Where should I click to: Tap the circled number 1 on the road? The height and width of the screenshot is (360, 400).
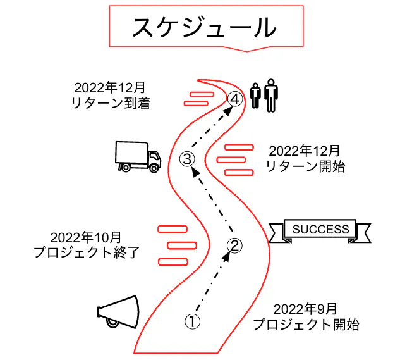click(x=192, y=321)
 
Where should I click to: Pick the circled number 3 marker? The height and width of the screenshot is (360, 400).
click(x=187, y=159)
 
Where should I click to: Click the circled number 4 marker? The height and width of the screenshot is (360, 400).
click(x=234, y=99)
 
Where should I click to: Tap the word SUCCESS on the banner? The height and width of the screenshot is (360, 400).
click(x=320, y=229)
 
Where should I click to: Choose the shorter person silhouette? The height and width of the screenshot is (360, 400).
click(x=255, y=96)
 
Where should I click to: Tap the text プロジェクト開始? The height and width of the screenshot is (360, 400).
click(x=306, y=325)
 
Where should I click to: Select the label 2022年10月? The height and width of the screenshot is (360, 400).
click(x=85, y=237)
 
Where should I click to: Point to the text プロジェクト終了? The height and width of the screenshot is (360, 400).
click(x=85, y=252)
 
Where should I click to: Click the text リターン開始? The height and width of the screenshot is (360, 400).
click(x=305, y=167)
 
